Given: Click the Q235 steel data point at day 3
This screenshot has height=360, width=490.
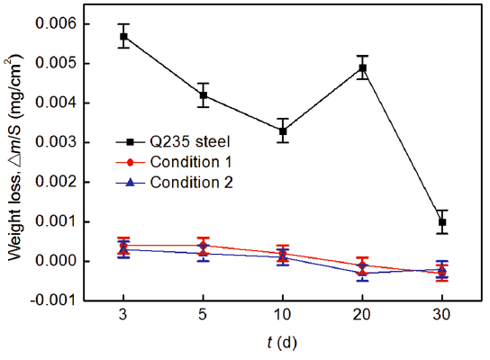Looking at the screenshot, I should click(123, 36).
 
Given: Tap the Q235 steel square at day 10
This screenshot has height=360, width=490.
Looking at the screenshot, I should click(283, 130).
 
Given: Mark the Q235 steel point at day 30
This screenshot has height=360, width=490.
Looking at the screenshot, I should click(442, 221).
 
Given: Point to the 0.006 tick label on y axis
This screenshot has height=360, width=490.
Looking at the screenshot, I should click(55, 23).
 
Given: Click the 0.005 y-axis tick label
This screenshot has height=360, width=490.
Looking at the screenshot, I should click(55, 63).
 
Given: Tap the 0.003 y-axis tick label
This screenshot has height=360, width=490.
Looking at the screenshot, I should click(55, 142).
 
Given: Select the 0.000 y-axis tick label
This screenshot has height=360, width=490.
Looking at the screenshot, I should click(55, 261).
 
